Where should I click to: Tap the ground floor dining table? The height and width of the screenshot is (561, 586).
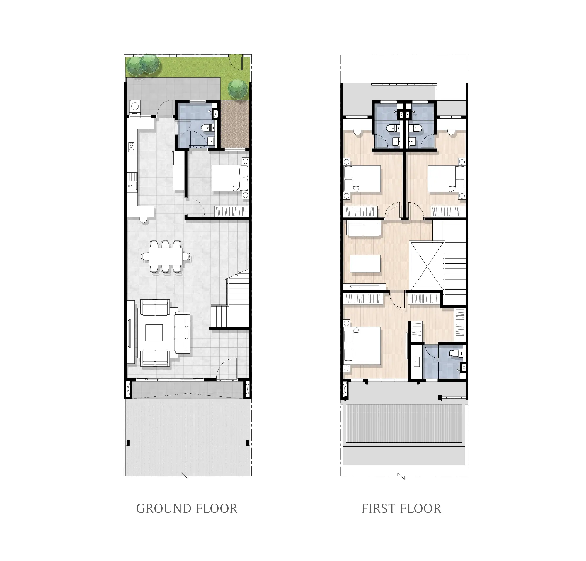[x=166, y=256]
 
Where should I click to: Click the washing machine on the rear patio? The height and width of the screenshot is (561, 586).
[x=135, y=106]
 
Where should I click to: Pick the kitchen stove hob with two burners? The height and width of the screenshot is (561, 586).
[x=131, y=147]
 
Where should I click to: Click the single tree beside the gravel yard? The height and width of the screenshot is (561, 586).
[x=238, y=89]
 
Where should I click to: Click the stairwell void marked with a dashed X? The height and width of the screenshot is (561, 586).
[x=427, y=266]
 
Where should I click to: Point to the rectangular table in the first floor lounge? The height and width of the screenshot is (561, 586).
[x=365, y=264]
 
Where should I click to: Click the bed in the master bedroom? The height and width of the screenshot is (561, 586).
[x=362, y=346]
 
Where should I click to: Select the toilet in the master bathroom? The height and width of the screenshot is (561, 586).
[x=455, y=353]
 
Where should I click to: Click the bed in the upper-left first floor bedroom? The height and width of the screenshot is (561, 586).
[x=362, y=179]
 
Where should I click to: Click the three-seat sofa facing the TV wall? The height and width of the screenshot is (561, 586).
[x=182, y=333]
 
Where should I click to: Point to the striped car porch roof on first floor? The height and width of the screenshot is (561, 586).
[x=404, y=423]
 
